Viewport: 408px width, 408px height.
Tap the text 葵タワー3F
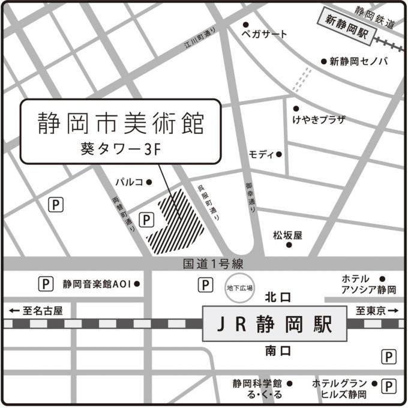pos(120,148)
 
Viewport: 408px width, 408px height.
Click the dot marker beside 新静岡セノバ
pos(323,61)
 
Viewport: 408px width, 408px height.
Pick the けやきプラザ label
pos(319,119)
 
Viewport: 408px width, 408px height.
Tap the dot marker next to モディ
pos(278,154)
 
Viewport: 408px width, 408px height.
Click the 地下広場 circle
pos(239,287)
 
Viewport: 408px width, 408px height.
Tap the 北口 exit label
pos(278,297)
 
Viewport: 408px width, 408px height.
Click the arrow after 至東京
pos(394,311)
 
